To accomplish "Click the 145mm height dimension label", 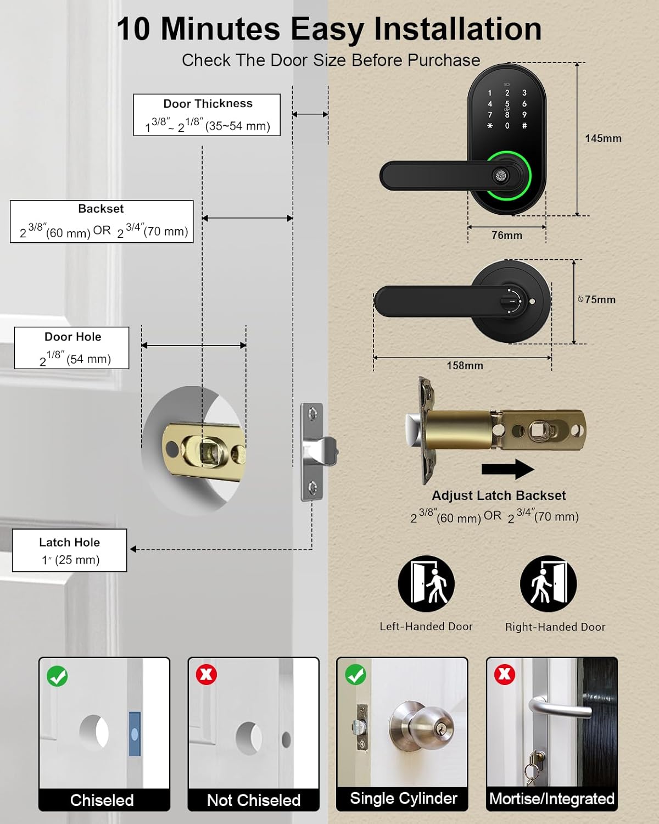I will tap(602, 138).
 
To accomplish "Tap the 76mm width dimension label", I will tap(506, 235).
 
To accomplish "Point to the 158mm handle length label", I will tap(465, 365).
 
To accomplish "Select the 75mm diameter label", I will tap(598, 299).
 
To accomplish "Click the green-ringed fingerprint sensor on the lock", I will tap(501, 176).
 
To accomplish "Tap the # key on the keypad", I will tap(524, 126).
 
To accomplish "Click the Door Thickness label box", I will tap(207, 115).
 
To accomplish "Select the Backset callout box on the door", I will tap(102, 221).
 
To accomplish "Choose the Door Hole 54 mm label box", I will tap(72, 348).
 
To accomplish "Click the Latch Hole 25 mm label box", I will tap(70, 550).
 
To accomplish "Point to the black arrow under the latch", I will tap(507, 469).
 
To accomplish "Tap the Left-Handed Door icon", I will tap(426, 584).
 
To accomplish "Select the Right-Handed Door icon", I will tap(548, 584).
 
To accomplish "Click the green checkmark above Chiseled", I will tap(57, 676).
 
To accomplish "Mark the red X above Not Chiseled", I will tap(206, 675).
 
